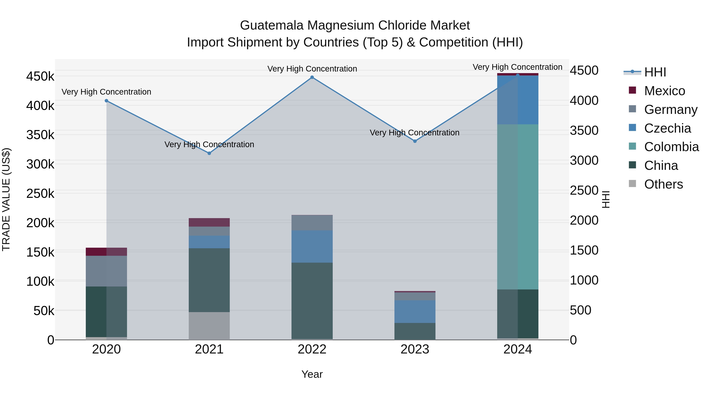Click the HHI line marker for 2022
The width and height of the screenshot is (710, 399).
(312, 77)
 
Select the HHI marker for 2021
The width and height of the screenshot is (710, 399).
(209, 153)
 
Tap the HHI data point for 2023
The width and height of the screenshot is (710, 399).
(415, 141)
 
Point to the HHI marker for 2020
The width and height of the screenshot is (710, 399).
(106, 101)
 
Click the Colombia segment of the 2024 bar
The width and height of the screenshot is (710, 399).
(518, 206)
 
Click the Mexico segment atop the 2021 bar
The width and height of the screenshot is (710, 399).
(209, 222)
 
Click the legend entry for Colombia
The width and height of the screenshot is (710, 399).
(671, 147)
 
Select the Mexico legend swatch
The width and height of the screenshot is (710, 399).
(632, 90)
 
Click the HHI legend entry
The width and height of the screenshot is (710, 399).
(655, 72)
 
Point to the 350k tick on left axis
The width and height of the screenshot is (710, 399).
(40, 135)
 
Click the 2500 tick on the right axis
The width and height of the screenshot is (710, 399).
(584, 190)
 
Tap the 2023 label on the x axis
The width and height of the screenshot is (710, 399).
(415, 349)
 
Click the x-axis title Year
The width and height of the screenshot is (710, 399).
(312, 374)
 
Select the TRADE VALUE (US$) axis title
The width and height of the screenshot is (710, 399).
(6, 199)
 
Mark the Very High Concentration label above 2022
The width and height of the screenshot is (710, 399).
(312, 69)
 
